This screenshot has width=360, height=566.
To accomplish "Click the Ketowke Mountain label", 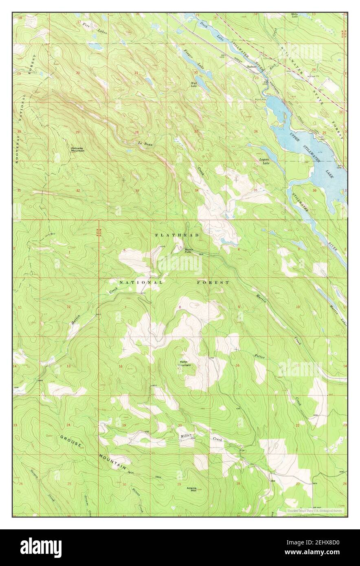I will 77,149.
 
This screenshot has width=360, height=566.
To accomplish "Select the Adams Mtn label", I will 192,489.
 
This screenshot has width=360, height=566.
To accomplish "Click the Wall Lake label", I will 194,84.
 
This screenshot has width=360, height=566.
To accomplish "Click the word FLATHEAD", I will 177,235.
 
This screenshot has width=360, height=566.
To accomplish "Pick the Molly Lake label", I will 294,15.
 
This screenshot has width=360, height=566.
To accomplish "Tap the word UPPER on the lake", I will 296,138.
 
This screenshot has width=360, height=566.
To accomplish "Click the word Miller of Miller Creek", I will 185,436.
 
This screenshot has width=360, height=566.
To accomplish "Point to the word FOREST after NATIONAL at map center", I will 213,282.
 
